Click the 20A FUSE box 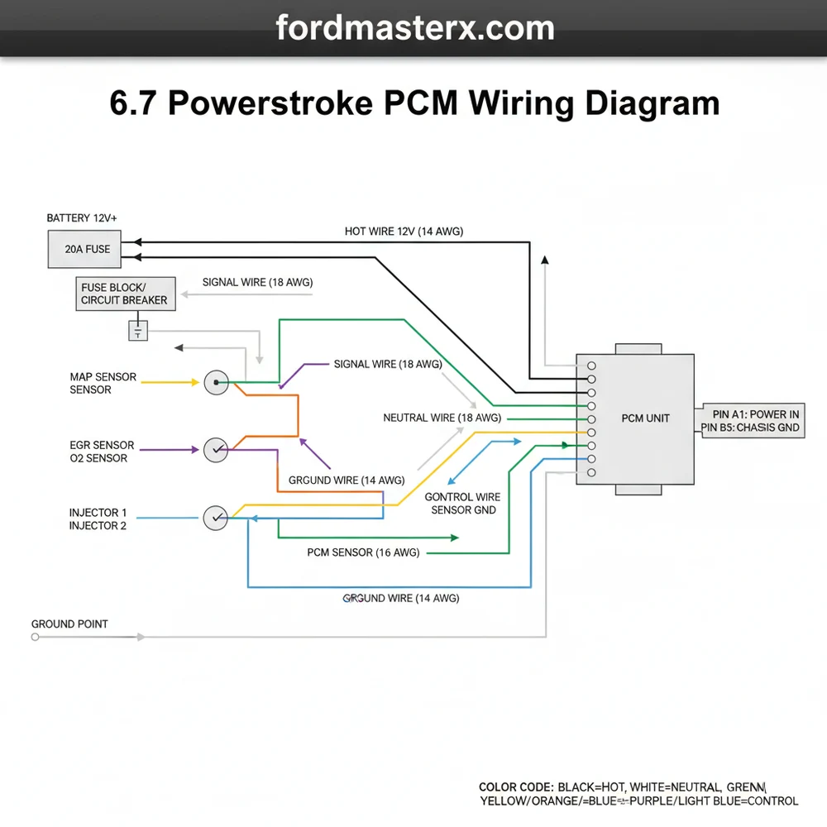(87, 249)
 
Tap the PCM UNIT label (645, 418)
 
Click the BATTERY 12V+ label (82, 218)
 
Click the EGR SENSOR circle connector (215, 449)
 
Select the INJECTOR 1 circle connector (215, 518)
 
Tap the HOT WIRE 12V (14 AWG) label (404, 232)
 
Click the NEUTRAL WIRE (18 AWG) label (442, 418)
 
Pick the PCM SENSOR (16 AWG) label (363, 552)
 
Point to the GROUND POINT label (69, 624)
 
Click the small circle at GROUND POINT (35, 637)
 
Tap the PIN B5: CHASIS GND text (750, 428)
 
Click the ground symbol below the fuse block (137, 332)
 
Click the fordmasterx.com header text (414, 28)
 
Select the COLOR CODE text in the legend (515, 786)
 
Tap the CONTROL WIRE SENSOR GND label (462, 504)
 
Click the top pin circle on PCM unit (591, 366)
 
